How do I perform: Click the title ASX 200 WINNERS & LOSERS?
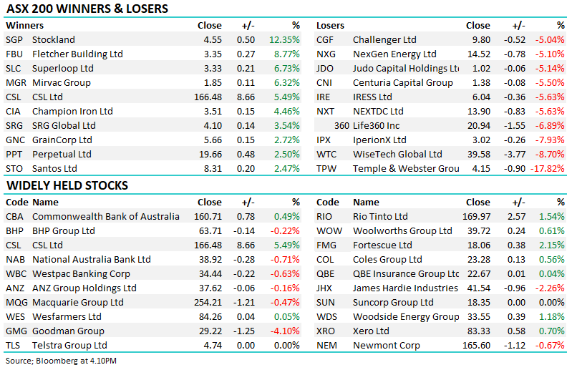(87, 9)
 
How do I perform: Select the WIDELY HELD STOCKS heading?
(67, 185)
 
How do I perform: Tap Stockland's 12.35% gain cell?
(284, 40)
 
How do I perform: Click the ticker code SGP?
(14, 40)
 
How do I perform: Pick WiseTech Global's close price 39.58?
(479, 154)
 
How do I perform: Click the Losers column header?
(330, 26)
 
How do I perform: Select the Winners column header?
(24, 26)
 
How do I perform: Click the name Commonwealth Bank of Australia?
(106, 217)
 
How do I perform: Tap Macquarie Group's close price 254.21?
(208, 302)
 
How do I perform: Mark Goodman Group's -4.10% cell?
(285, 331)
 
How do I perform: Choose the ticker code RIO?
(324, 217)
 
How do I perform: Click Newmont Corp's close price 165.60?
(476, 345)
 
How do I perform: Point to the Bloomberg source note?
(61, 361)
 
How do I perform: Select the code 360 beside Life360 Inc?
(341, 126)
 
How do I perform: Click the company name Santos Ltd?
(54, 168)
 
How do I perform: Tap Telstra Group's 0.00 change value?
(246, 345)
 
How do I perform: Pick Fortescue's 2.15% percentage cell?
(552, 245)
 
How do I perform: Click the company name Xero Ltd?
(371, 331)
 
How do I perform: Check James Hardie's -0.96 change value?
(515, 288)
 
